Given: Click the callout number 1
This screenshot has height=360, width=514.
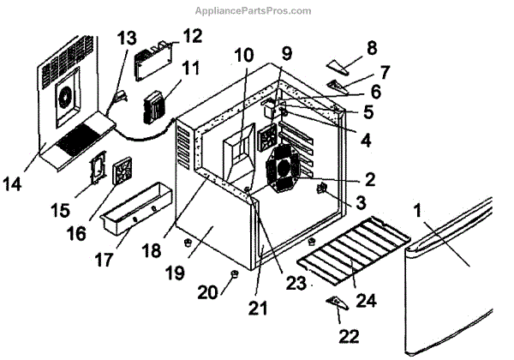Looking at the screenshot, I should (x=418, y=209).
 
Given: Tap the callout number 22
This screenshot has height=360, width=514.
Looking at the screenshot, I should (x=349, y=335).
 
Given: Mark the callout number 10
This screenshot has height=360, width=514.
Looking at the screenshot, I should (x=244, y=55).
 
